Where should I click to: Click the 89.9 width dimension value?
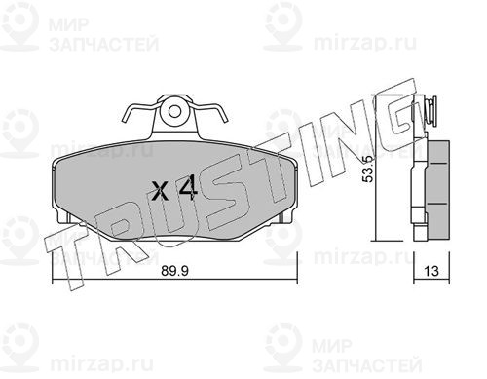[x=174, y=271]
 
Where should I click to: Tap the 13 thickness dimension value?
[x=431, y=271]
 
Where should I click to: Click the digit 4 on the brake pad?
[x=188, y=188]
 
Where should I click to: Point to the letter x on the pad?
[x=160, y=191]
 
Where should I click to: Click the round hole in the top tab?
[x=174, y=111]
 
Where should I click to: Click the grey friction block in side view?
[x=437, y=189]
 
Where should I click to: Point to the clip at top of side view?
[x=430, y=110]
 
